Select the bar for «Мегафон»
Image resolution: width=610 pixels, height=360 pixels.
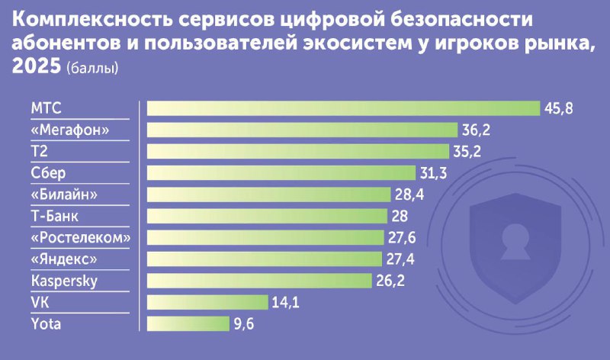[301, 130]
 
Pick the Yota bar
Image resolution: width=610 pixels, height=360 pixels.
[188, 323]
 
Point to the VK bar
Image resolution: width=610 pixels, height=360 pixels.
[207, 302]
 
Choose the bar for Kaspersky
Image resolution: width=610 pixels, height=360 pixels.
[258, 281]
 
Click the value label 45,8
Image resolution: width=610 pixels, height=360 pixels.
[558, 108]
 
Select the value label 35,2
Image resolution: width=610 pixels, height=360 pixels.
[467, 151]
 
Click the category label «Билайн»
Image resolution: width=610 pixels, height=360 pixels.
[66, 194]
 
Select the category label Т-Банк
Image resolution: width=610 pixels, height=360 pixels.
[55, 216]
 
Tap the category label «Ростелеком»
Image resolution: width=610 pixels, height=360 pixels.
[81, 237]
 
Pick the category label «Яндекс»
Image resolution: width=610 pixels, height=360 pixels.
[66, 259]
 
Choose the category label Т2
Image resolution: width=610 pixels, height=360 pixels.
[40, 151]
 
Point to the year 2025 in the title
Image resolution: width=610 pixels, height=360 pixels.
[36, 66]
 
